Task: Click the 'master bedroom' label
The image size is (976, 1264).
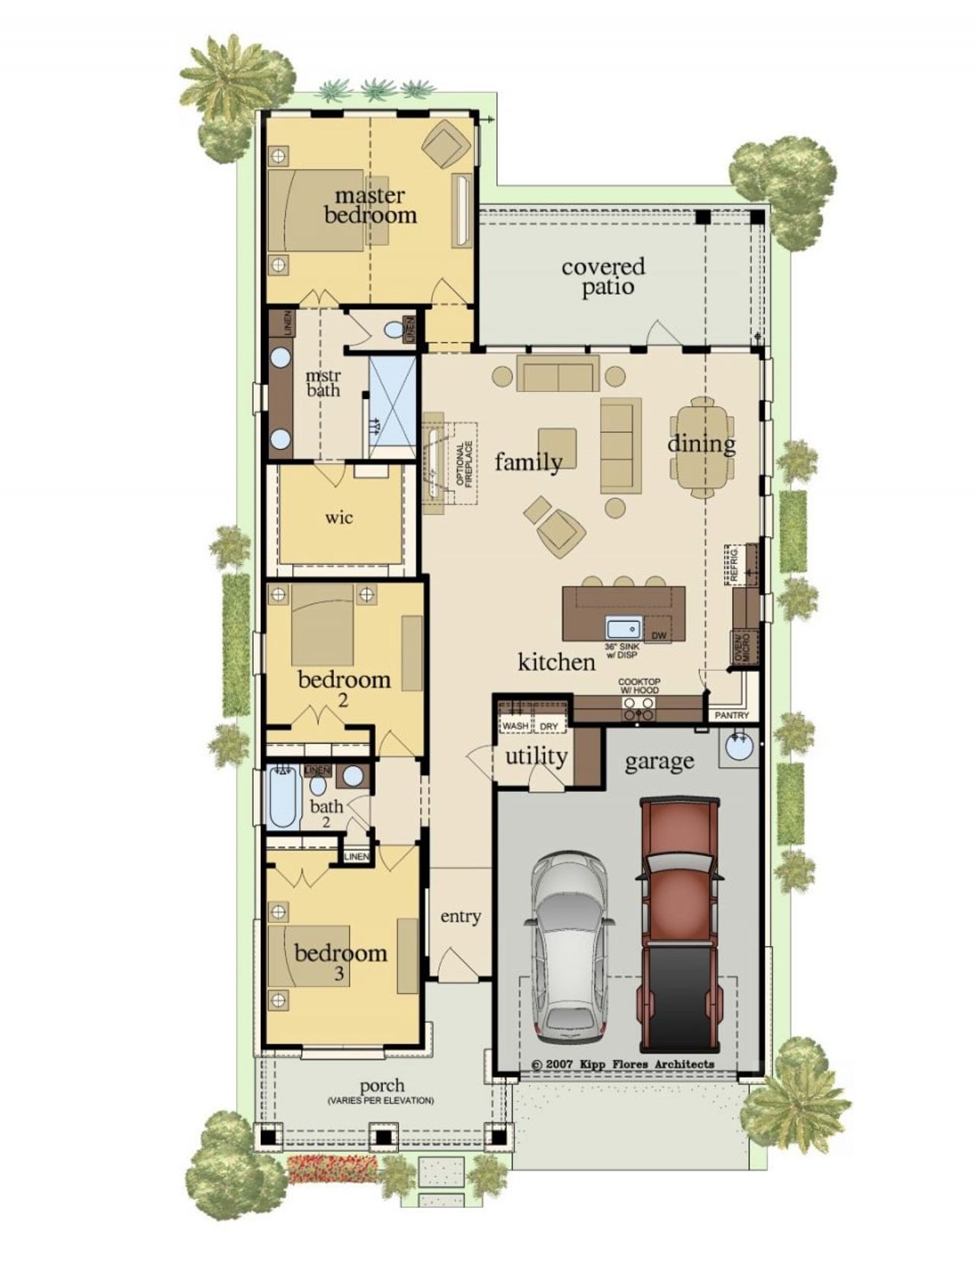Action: pos(371,206)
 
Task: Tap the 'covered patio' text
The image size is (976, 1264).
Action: pos(603,277)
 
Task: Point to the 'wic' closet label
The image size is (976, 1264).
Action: pos(339,518)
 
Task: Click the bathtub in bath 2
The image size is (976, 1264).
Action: pos(282,798)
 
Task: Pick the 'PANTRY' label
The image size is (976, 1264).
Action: pos(731,716)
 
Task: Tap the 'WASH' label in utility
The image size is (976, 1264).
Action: pos(515,726)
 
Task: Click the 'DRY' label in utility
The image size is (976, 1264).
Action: pos(549,726)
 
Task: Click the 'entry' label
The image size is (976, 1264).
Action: pos(461,916)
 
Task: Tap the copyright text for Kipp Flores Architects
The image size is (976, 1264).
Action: pos(623,1064)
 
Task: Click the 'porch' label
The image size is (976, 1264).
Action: pos(382,1085)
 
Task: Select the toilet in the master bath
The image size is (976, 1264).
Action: pos(393,330)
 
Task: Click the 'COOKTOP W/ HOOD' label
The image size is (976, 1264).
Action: pos(638,686)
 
